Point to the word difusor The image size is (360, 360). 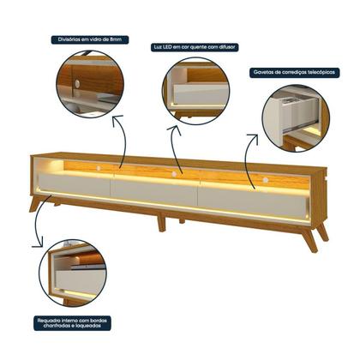(227, 45)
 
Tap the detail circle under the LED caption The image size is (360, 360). (195, 91)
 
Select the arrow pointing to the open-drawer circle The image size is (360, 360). (249, 154)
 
